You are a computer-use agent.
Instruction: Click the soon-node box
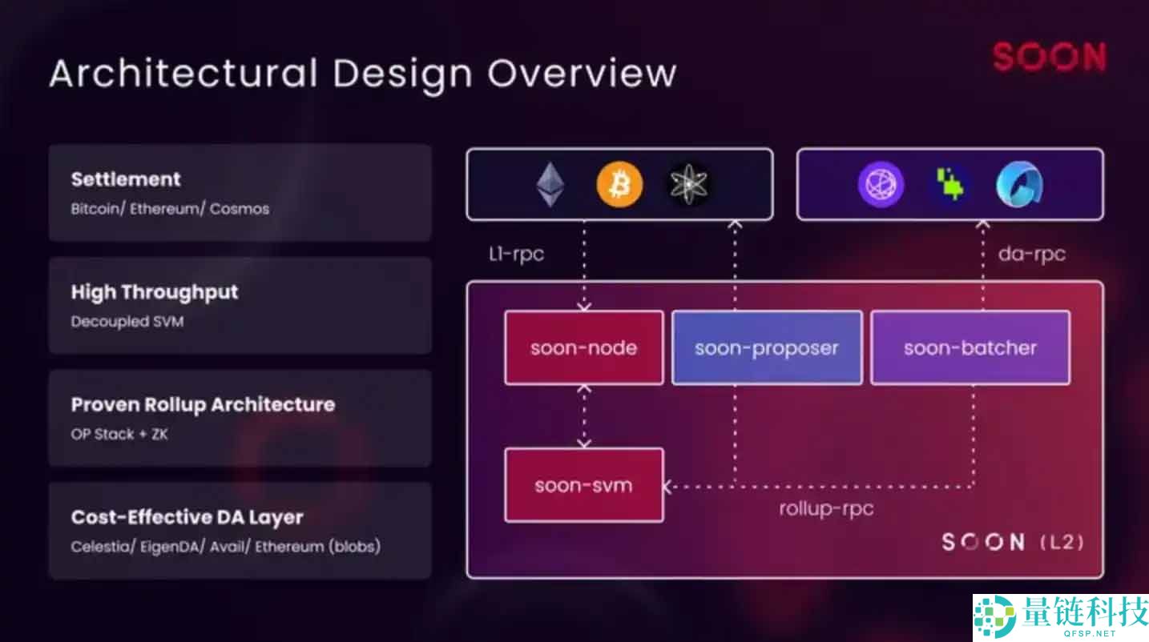pyautogui.click(x=583, y=348)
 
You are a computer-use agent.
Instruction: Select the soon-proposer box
pyautogui.click(x=766, y=348)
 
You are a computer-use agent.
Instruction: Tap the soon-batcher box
pyautogui.click(x=970, y=348)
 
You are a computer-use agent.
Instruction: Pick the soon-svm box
pyautogui.click(x=583, y=485)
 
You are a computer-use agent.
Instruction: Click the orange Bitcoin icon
pyautogui.click(x=619, y=185)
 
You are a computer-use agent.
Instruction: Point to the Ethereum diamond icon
pyautogui.click(x=550, y=185)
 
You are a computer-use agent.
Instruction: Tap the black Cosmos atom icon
pyautogui.click(x=689, y=185)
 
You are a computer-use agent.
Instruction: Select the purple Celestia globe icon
pyautogui.click(x=881, y=185)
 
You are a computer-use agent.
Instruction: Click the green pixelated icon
pyautogui.click(x=949, y=185)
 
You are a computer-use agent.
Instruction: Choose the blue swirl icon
pyautogui.click(x=1018, y=185)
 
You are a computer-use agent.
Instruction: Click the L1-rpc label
pyautogui.click(x=516, y=255)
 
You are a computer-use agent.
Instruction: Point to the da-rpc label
pyautogui.click(x=1031, y=255)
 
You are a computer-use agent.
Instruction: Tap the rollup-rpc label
pyautogui.click(x=826, y=508)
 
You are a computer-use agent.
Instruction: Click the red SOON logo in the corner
pyautogui.click(x=1049, y=57)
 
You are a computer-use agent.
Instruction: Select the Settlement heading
pyautogui.click(x=126, y=179)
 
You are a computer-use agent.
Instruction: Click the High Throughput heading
pyautogui.click(x=155, y=292)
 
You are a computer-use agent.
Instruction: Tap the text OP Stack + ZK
pyautogui.click(x=119, y=434)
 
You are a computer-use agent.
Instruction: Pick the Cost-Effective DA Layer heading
pyautogui.click(x=187, y=517)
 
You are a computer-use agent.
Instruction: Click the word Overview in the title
pyautogui.click(x=582, y=73)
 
